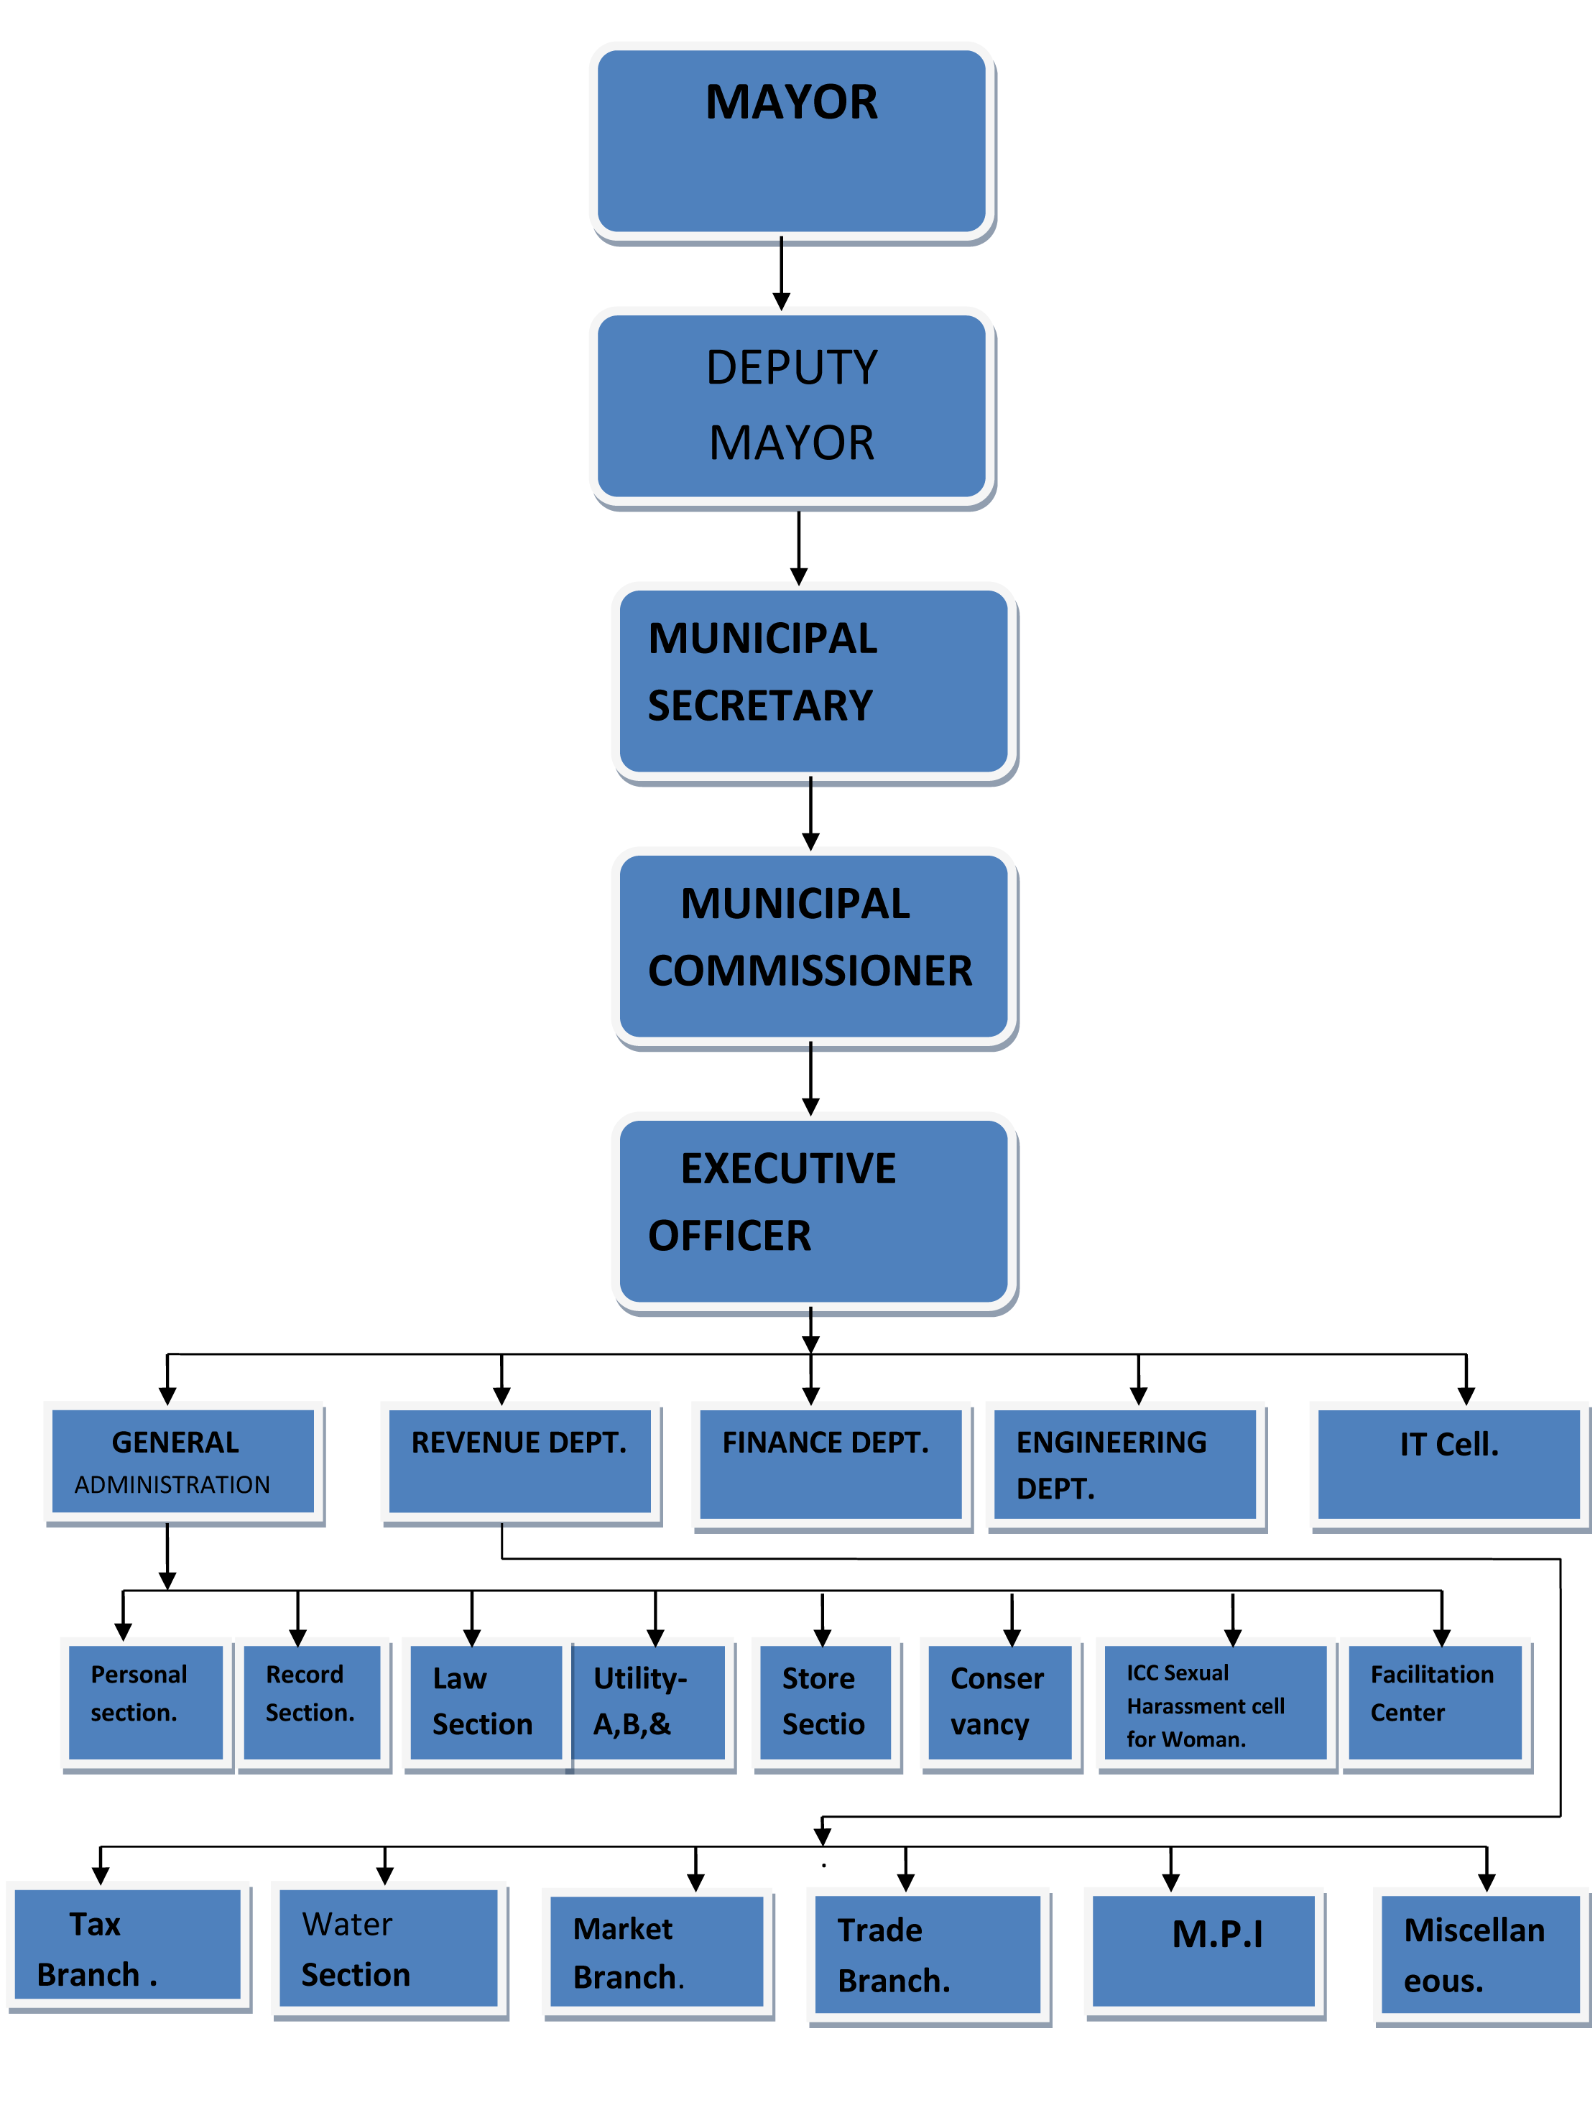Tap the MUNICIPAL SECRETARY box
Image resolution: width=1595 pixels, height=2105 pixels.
pyautogui.click(x=814, y=681)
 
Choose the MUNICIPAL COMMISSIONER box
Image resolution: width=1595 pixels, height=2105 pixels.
pyautogui.click(x=814, y=946)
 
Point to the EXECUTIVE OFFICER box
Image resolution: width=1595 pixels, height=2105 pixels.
pyautogui.click(x=814, y=1211)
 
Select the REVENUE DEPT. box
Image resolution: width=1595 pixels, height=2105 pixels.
pyautogui.click(x=519, y=1461)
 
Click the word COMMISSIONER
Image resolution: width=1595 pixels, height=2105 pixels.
pyautogui.click(x=810, y=971)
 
